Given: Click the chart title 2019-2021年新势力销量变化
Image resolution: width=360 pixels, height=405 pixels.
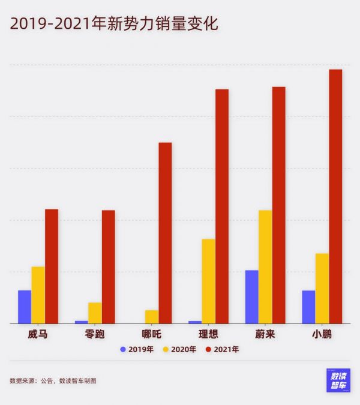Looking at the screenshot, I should pos(113,23).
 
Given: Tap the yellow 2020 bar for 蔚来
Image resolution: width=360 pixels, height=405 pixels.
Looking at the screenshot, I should pos(265,266).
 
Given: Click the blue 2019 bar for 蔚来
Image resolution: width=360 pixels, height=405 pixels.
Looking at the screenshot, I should pos(251,296).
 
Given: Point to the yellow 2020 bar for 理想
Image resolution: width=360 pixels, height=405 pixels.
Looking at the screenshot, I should pos(208,281).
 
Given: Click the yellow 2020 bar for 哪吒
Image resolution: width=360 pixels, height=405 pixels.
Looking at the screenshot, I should pos(152,316).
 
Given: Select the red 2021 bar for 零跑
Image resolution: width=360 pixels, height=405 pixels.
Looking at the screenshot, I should pos(109,266).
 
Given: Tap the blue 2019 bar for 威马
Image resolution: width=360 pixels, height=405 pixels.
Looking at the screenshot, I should pos(25,307).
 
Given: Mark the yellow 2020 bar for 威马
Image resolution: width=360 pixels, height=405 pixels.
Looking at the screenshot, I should pos(38,295).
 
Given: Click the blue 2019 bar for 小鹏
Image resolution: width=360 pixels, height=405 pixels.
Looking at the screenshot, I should pos(308,307).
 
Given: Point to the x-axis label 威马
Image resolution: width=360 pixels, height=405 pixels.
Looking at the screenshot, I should pos(38,334).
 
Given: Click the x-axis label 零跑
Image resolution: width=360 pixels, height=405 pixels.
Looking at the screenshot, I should pos(95,334).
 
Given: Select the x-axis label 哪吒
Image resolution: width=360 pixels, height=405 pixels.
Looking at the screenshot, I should pos(151,334).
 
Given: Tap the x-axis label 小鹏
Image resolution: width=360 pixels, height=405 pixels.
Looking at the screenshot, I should pos(322,334).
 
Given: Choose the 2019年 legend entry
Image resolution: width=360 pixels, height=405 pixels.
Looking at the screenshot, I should pos(137,349).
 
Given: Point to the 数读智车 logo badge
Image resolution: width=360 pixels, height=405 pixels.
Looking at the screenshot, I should pos(338,380).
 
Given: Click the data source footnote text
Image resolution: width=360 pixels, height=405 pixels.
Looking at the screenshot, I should pos(53,380).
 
